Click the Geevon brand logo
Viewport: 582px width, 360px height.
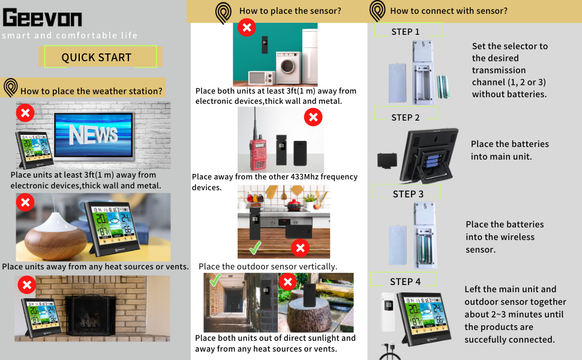tap(42, 18)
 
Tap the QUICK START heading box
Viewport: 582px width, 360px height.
tap(97, 58)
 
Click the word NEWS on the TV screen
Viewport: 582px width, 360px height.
tap(94, 135)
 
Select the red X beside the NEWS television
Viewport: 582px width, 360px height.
tap(25, 113)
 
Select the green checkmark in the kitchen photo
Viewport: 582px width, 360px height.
tap(256, 247)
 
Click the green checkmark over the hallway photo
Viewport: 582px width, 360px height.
tap(214, 280)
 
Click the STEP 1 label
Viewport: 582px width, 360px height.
tap(406, 32)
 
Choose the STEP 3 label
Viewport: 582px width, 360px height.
tap(408, 194)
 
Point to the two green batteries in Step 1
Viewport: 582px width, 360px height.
tap(443, 88)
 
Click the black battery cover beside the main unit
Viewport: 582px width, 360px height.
tap(386, 160)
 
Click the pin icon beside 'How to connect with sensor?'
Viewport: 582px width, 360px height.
tap(377, 10)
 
